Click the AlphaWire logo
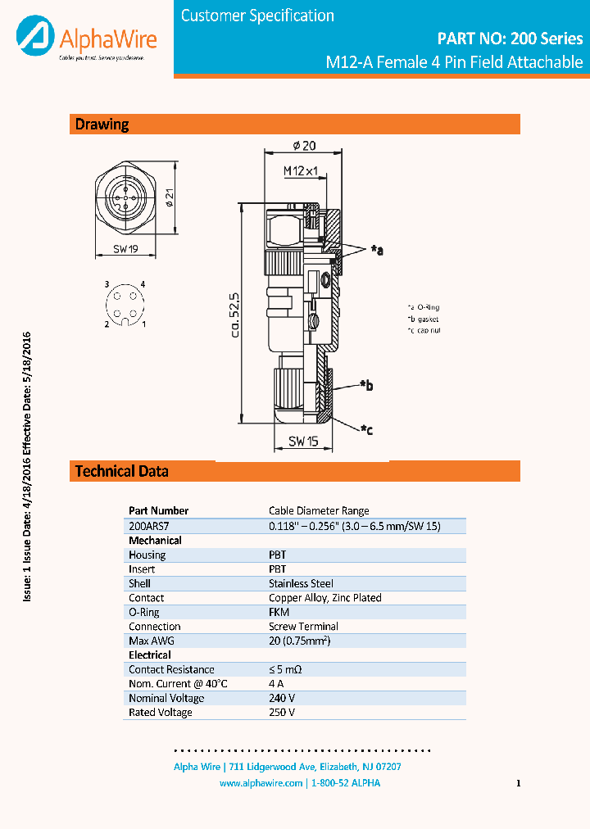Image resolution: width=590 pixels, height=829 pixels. point(85,39)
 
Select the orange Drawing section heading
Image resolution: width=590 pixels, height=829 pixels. point(102,125)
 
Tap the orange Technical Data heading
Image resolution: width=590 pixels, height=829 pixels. point(122,471)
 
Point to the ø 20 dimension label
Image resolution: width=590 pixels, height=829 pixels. point(304,146)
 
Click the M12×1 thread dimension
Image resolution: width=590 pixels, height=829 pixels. point(300,170)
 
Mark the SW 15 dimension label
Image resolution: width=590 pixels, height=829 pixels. point(302,442)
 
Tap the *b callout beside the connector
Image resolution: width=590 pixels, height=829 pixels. point(366,384)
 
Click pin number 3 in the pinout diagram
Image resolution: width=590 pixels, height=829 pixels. point(107,284)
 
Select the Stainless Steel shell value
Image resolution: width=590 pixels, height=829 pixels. point(300,583)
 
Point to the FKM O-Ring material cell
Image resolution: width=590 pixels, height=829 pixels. point(279,612)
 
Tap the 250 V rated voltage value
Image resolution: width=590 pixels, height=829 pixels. point(282,713)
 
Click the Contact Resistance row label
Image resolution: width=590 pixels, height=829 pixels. point(171,669)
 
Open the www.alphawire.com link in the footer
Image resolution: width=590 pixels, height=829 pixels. point(261,783)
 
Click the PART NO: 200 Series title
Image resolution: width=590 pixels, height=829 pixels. point(510,39)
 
